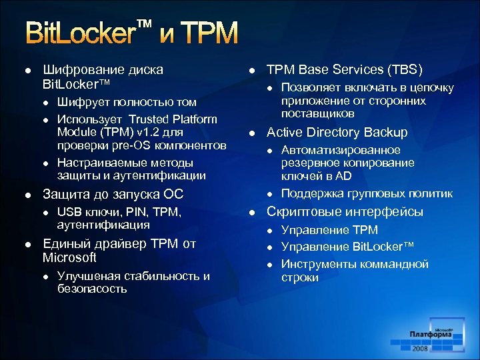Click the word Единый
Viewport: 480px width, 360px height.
[66, 243]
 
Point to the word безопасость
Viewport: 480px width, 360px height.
[92, 289]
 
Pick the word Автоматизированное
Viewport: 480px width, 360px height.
[341, 150]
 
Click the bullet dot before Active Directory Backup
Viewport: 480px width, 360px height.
[252, 133]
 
